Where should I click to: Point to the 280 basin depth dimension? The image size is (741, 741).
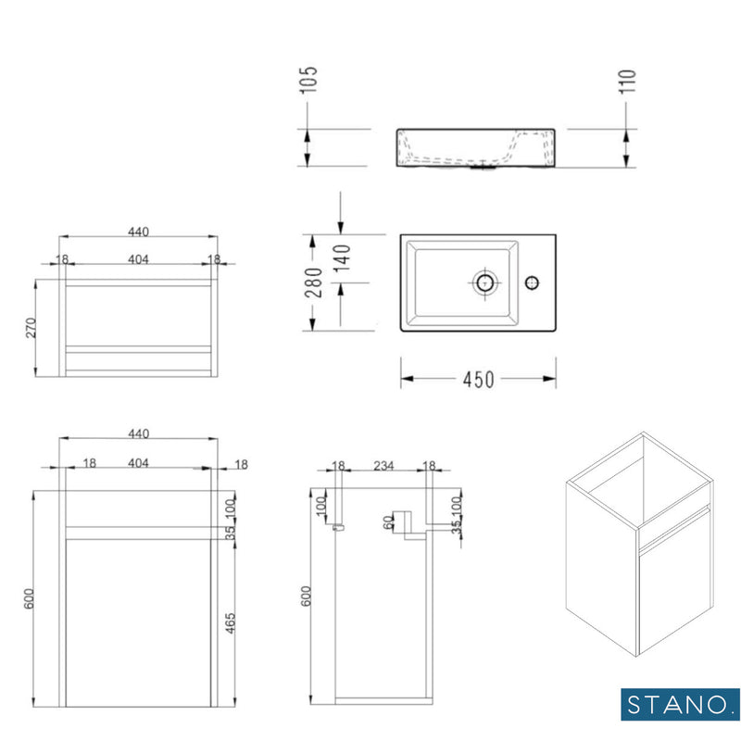tap(314, 282)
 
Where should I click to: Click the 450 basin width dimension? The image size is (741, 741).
tap(478, 379)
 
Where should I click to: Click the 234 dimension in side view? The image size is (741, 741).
tap(383, 467)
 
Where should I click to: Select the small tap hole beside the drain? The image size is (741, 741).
tap(532, 281)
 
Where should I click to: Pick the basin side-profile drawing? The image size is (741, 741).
tap(476, 149)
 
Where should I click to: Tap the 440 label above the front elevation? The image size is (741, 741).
tap(138, 433)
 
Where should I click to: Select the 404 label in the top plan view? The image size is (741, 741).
tap(138, 259)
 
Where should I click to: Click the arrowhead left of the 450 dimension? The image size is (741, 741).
tap(406, 379)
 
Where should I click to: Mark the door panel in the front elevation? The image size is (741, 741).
tap(138, 616)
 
